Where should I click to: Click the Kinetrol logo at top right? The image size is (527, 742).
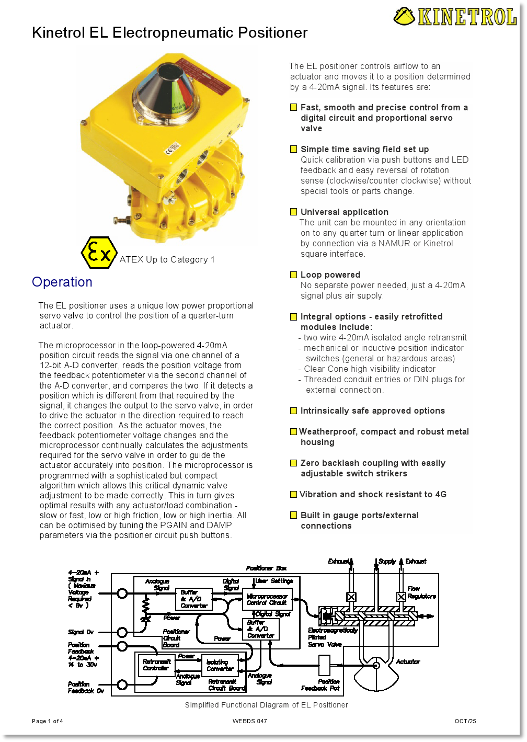tap(455, 17)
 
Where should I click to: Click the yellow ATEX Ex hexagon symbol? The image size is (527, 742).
tap(99, 253)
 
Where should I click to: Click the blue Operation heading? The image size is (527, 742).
tap(62, 282)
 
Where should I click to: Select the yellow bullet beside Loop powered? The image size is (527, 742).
tap(294, 275)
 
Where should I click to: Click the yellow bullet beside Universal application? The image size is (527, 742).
tap(294, 212)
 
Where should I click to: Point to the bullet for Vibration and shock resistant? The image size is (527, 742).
tap(294, 494)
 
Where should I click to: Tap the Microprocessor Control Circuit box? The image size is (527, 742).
tap(267, 599)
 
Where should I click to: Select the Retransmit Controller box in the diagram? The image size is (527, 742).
tap(156, 665)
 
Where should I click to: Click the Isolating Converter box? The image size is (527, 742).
tap(220, 665)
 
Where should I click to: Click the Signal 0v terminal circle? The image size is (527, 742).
tap(122, 632)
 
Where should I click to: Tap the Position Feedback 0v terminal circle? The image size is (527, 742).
tap(122, 684)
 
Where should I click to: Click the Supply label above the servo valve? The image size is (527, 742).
tap(387, 561)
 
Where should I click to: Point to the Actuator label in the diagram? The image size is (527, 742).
tap(408, 661)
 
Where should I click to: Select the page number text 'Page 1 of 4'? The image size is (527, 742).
tap(48, 721)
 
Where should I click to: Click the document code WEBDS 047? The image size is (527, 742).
tap(250, 721)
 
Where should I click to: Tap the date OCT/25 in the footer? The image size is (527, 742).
tap(465, 721)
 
